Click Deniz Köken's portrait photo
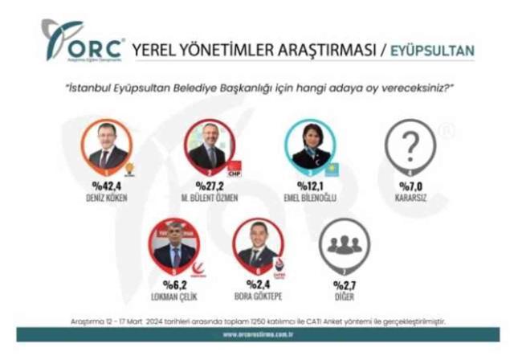click(x=108, y=145)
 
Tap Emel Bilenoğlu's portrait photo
click(x=311, y=145)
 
